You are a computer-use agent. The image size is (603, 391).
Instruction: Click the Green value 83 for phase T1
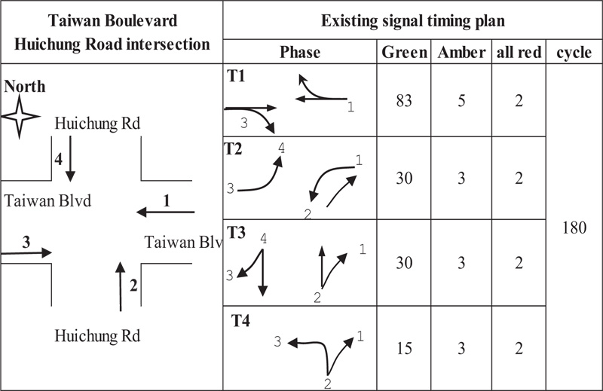[404, 101]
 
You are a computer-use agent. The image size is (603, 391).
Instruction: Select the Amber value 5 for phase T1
[461, 101]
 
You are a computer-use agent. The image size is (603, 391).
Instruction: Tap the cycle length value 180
[574, 228]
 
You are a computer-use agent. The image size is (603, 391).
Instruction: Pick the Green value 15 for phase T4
[404, 348]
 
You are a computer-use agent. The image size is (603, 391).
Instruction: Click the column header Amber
[461, 52]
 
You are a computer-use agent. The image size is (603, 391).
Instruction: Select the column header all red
[519, 52]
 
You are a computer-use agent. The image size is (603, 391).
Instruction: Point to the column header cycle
[574, 53]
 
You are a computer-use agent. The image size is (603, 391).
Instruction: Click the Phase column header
[300, 52]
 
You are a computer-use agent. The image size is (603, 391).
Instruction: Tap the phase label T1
[236, 76]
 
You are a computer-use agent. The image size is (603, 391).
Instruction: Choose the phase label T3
[236, 233]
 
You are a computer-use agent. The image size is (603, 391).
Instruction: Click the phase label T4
[240, 320]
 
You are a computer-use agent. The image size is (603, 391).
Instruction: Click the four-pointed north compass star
[20, 116]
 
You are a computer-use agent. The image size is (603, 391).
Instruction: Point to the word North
[25, 87]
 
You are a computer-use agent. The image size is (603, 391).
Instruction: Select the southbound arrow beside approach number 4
[70, 158]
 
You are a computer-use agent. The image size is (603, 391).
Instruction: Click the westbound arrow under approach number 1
[166, 212]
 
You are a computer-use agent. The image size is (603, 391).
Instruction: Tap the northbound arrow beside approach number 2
[121, 286]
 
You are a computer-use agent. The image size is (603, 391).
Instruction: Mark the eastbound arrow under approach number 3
[26, 253]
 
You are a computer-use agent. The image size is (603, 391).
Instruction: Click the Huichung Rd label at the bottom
[97, 336]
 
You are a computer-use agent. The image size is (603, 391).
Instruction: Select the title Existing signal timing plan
[412, 21]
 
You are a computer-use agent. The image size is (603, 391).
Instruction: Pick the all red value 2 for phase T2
[519, 179]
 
